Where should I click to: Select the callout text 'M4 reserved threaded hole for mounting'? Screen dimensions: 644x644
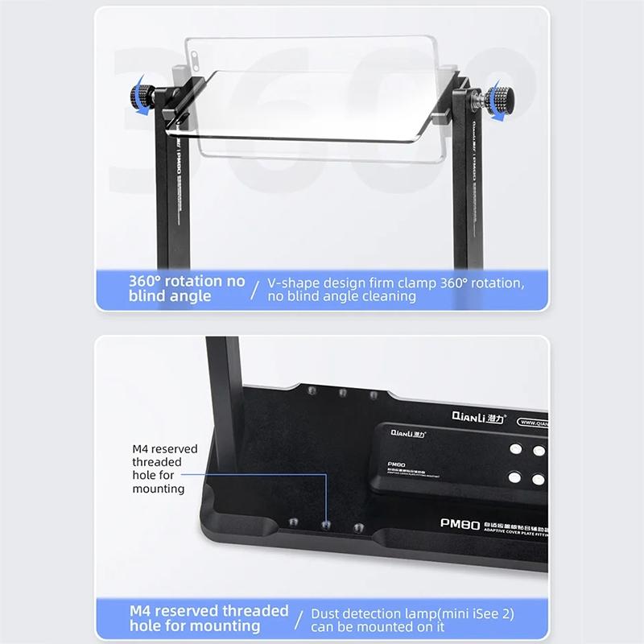tap(159, 469)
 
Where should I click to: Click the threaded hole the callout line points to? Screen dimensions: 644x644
tap(325, 525)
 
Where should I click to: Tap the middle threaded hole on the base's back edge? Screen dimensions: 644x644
tap(342, 393)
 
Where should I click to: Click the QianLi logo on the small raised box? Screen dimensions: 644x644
tap(408, 433)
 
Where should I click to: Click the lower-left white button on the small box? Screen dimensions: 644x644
tap(514, 477)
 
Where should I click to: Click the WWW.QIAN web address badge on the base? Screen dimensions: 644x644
tap(533, 420)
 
